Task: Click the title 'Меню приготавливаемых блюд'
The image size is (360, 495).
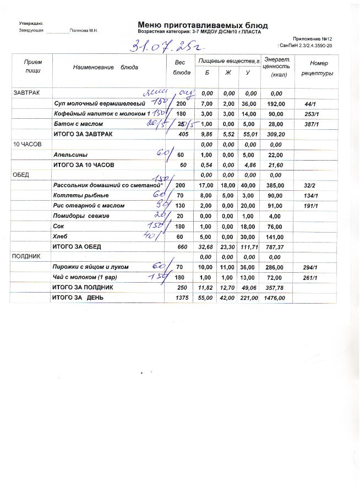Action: [x=203, y=25]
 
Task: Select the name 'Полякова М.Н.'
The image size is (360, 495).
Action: [x=84, y=31]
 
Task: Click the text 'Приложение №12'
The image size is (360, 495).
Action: [x=312, y=39]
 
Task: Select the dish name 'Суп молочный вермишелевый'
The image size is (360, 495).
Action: [x=99, y=103]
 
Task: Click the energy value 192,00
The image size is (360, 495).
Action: [x=275, y=103]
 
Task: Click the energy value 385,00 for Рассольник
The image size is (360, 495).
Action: [x=275, y=185]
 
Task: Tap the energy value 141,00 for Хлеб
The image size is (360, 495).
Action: [x=275, y=237]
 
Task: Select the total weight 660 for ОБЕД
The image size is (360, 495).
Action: [x=183, y=246]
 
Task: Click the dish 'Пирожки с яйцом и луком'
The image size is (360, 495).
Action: [x=94, y=267]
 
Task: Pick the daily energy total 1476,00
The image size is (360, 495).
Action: [x=275, y=298]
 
